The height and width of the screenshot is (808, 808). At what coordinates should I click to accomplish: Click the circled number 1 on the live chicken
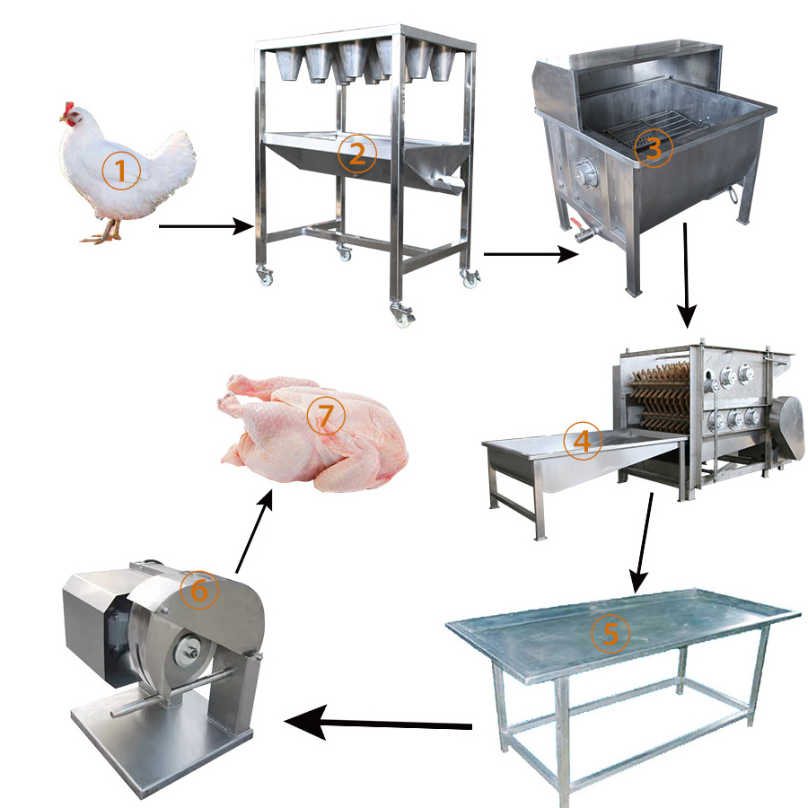coord(121,171)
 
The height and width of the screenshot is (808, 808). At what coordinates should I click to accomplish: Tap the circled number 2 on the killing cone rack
coord(357,154)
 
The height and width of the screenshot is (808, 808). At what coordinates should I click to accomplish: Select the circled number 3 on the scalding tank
coord(653,148)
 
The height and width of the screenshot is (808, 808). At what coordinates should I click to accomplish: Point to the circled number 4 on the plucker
coord(583,441)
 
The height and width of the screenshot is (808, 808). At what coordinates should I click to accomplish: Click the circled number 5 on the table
coord(610,633)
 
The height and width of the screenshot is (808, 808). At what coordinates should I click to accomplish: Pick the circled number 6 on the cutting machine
coord(199,590)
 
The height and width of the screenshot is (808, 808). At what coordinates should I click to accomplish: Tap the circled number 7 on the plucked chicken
coord(326,416)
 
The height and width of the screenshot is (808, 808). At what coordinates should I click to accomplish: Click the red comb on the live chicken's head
coord(68,109)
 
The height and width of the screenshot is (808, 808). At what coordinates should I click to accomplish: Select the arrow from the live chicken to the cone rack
coord(206,225)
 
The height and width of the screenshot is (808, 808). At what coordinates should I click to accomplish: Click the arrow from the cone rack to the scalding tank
coord(531,254)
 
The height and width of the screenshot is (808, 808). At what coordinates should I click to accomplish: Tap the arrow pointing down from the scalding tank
coord(686,276)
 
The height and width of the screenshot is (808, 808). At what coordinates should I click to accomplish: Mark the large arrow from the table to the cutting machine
coord(378,723)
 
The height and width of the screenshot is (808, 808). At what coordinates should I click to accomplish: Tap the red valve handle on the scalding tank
coord(576,224)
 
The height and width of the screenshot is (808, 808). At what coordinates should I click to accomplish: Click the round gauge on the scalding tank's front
coord(584,172)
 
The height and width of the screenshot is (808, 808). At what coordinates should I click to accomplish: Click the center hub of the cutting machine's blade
coord(189,653)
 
